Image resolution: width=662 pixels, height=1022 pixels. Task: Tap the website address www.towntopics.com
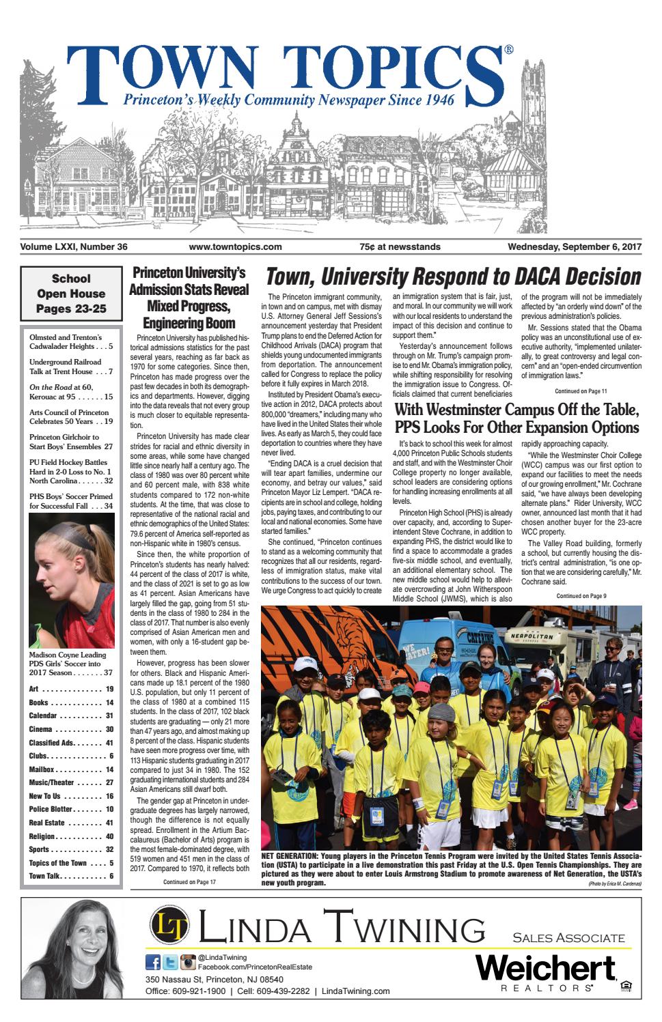point(235,247)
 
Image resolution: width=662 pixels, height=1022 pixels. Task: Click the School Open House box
point(70,294)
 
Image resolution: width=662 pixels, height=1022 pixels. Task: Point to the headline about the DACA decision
point(453,277)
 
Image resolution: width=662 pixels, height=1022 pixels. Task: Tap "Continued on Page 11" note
point(581,392)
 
